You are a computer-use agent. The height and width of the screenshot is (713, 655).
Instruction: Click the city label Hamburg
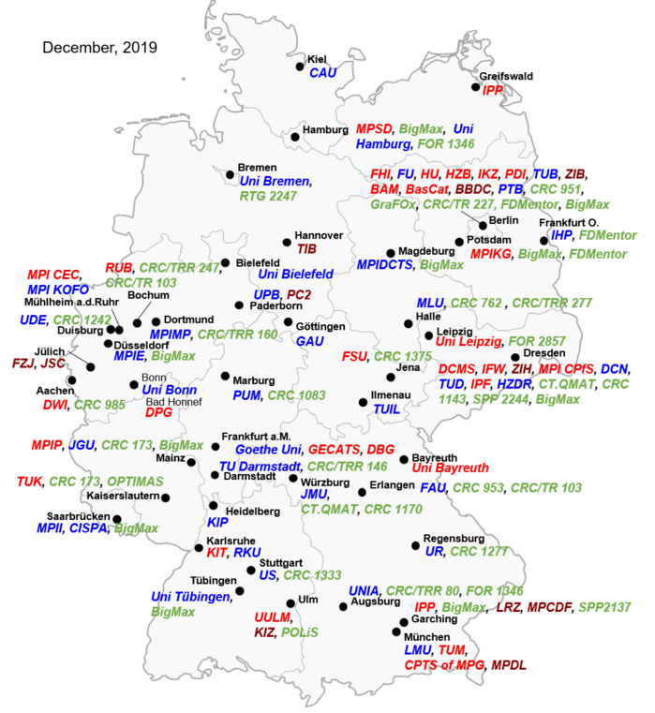(325, 129)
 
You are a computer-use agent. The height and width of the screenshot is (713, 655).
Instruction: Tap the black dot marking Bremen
(230, 173)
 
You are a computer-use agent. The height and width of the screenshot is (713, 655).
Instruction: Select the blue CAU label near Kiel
(322, 73)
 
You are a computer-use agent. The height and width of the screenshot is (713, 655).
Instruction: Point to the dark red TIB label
(307, 249)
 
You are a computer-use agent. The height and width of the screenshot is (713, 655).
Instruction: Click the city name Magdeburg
(425, 251)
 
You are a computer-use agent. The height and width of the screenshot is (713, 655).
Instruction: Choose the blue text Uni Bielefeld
(295, 275)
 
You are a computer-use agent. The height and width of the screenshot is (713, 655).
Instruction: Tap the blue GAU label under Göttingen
(310, 342)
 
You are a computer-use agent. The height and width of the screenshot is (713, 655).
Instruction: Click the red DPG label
(158, 413)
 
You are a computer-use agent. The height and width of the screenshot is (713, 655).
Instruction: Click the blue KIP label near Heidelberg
(217, 522)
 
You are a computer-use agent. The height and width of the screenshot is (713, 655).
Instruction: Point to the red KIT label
(217, 553)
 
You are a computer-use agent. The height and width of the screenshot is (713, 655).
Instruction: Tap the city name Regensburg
(454, 539)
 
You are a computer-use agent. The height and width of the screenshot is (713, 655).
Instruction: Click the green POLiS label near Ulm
(300, 632)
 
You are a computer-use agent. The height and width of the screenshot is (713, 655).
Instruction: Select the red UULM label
(273, 617)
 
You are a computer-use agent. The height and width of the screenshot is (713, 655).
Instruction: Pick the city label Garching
(435, 619)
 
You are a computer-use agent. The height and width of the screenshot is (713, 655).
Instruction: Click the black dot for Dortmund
(156, 321)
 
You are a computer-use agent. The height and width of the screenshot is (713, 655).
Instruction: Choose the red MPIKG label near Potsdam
(490, 254)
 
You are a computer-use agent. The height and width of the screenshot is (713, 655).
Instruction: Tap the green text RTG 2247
(268, 196)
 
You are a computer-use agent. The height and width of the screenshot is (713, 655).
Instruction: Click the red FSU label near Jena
(353, 356)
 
